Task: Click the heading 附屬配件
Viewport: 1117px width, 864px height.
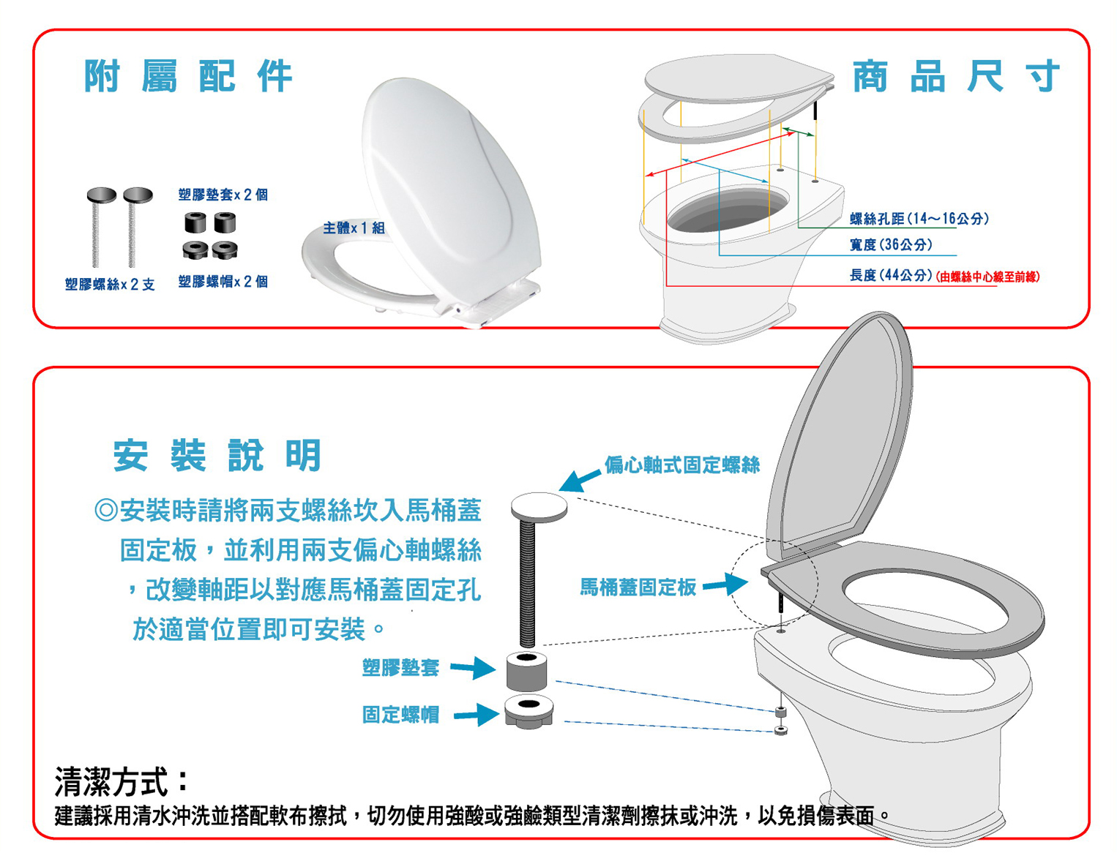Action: pyautogui.click(x=189, y=76)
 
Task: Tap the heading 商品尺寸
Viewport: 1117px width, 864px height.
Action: pyautogui.click(x=956, y=76)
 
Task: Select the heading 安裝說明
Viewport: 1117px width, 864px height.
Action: pyautogui.click(x=217, y=455)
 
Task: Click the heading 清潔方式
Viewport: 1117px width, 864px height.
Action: pyautogui.click(x=122, y=781)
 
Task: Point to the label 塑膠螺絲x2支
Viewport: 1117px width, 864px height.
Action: pyautogui.click(x=110, y=284)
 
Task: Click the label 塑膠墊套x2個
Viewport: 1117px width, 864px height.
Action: pyautogui.click(x=223, y=195)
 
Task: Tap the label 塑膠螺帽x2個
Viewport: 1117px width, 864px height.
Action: pyautogui.click(x=223, y=282)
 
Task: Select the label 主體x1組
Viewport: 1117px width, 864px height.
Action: pyautogui.click(x=354, y=228)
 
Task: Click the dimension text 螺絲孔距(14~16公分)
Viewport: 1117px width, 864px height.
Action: pyautogui.click(x=919, y=219)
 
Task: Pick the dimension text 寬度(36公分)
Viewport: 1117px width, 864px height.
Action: pyautogui.click(x=891, y=244)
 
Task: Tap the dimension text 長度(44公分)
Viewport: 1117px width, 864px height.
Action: pyautogui.click(x=891, y=275)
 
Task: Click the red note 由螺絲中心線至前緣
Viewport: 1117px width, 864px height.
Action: pyautogui.click(x=987, y=277)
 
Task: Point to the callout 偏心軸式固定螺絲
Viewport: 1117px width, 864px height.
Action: pyautogui.click(x=681, y=465)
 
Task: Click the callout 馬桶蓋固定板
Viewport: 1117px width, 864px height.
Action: pyautogui.click(x=638, y=587)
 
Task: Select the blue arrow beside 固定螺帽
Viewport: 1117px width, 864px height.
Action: pyautogui.click(x=476, y=714)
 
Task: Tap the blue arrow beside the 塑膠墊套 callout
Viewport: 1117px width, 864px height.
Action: pyautogui.click(x=473, y=668)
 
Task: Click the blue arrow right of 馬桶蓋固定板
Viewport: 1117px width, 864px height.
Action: pyautogui.click(x=725, y=585)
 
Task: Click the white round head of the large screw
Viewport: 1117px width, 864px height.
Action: pyautogui.click(x=539, y=506)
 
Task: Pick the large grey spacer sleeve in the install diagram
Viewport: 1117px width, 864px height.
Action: pyautogui.click(x=526, y=672)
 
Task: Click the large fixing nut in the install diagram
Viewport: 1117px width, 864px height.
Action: pyautogui.click(x=529, y=711)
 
